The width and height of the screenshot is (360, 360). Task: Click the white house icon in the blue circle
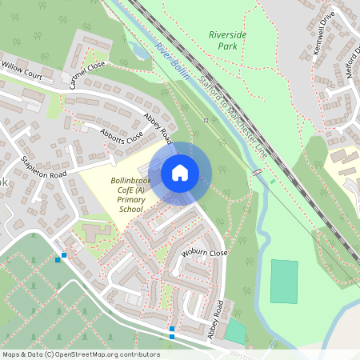pos(180,173)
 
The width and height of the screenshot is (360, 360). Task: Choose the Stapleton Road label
pos(44,164)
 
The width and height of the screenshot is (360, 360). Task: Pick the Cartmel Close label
pos(86,74)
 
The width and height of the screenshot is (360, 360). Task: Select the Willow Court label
pos(22,70)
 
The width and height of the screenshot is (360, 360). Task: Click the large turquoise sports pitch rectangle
pos(283,281)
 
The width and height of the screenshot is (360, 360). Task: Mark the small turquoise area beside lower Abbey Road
pos(235,330)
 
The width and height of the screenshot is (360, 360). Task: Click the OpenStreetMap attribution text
pos(81,354)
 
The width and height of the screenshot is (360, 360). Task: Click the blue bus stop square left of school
pos(58,258)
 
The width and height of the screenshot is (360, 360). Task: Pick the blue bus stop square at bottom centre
pos(171,329)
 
